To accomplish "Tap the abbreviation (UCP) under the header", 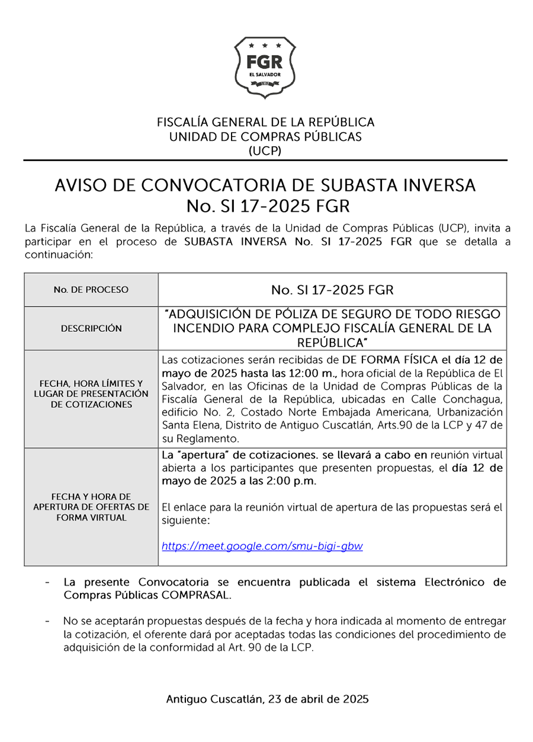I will [265, 150].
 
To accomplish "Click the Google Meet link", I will [262, 546].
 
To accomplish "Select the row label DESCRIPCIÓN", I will [91, 328].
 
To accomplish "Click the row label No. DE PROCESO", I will [91, 290].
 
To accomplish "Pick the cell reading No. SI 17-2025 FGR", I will [332, 290].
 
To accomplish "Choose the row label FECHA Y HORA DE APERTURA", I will [91, 507].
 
